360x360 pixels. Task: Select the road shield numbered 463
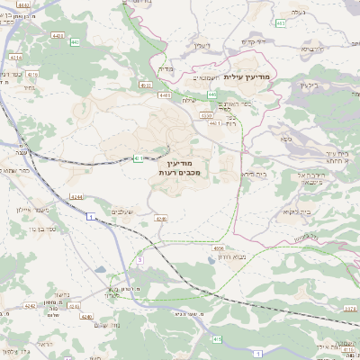281,23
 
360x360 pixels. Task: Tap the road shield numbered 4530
206,115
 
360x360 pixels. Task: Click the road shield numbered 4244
76,196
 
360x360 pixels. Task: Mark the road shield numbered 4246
162,218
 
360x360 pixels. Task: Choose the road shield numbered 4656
219,247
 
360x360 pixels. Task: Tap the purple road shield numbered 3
91,216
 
